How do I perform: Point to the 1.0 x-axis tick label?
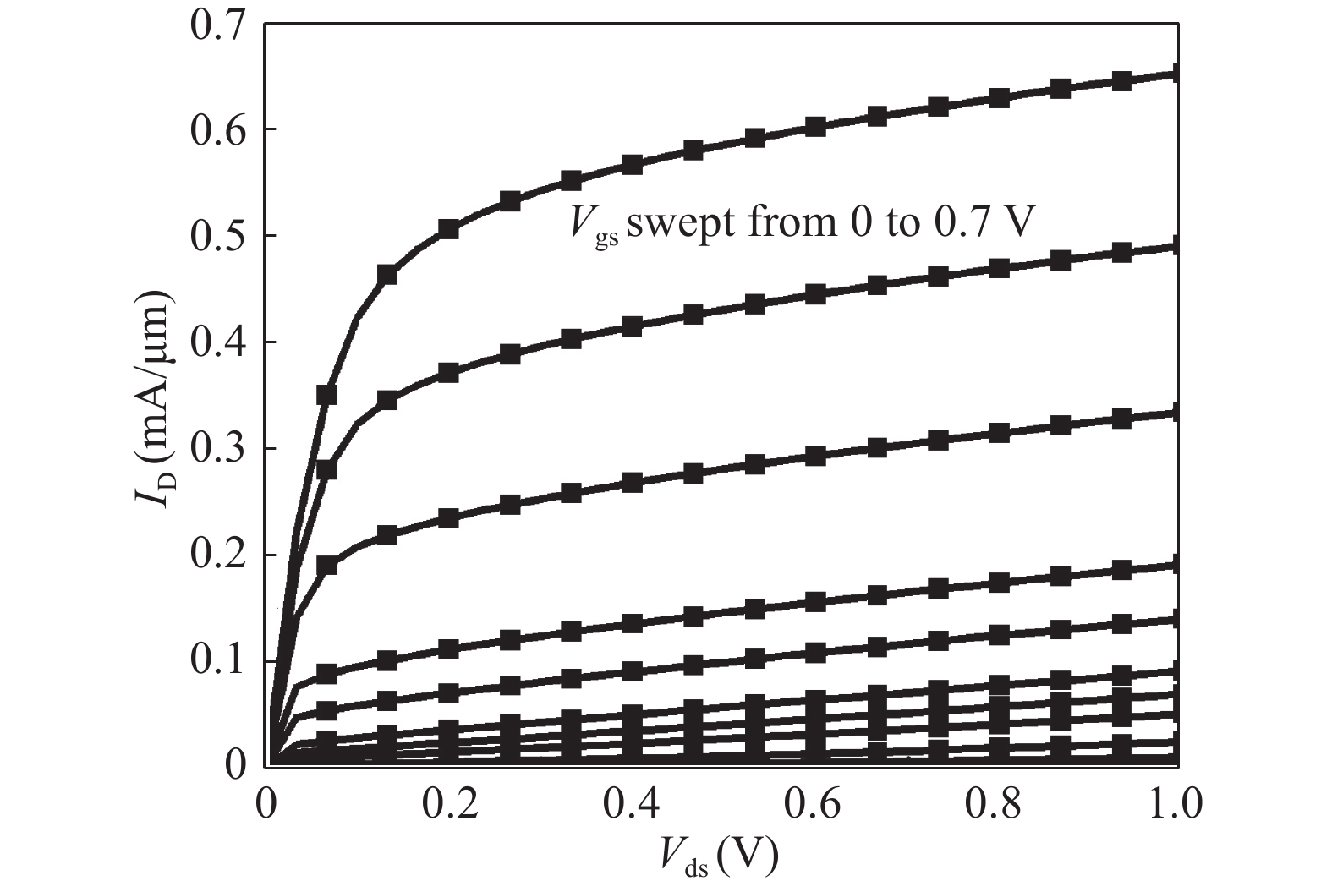pyautogui.click(x=1176, y=804)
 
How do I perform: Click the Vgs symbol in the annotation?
pyautogui.click(x=592, y=229)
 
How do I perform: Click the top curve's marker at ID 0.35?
pyautogui.click(x=326, y=395)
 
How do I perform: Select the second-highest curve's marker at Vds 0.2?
pyautogui.click(x=448, y=372)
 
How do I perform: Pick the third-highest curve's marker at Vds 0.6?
pyautogui.click(x=815, y=456)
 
